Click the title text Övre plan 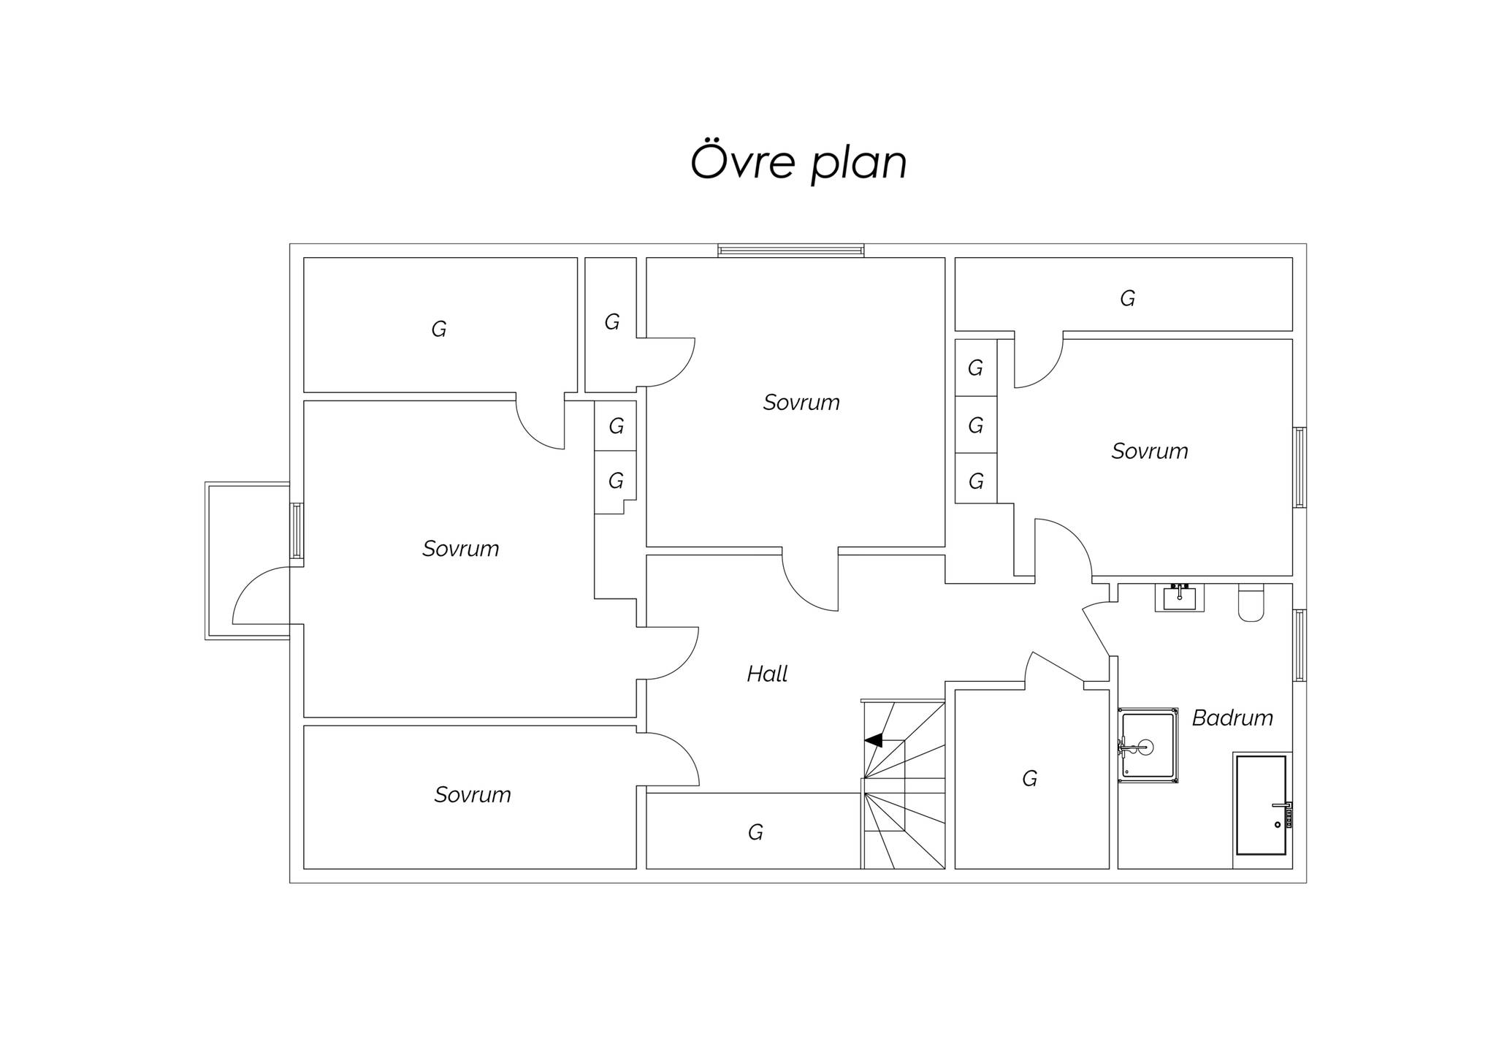[x=798, y=163]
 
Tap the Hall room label [x=767, y=674]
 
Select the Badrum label [x=1232, y=718]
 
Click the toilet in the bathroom [x=1251, y=603]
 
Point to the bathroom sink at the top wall [x=1179, y=597]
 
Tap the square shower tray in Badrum [x=1148, y=746]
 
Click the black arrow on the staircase [x=874, y=740]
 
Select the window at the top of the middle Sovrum [x=791, y=251]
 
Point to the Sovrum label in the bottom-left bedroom [x=473, y=795]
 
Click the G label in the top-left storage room [x=438, y=330]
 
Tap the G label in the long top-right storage [x=1127, y=298]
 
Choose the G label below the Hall [x=755, y=832]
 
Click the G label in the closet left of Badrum [x=1029, y=779]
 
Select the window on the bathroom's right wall [x=1300, y=645]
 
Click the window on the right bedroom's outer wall [x=1300, y=468]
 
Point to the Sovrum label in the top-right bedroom [x=1150, y=452]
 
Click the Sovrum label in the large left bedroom [x=461, y=549]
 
